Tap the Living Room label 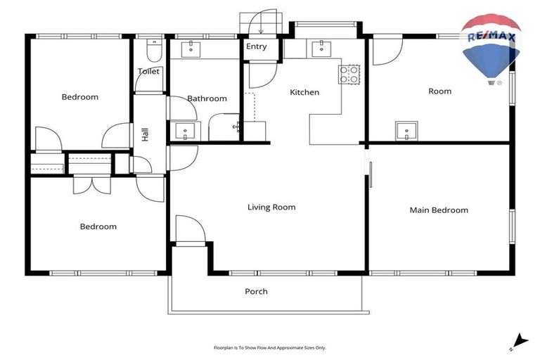271,207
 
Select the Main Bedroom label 439,210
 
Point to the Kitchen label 304,92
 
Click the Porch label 256,292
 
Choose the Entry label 257,47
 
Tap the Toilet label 148,72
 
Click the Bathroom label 207,99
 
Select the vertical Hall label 145,135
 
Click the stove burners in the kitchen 349,75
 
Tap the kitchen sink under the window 322,48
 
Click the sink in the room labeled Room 406,131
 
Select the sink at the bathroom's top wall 191,49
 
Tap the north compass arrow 517,341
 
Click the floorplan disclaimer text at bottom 270,347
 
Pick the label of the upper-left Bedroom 79,97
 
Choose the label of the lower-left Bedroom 98,226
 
